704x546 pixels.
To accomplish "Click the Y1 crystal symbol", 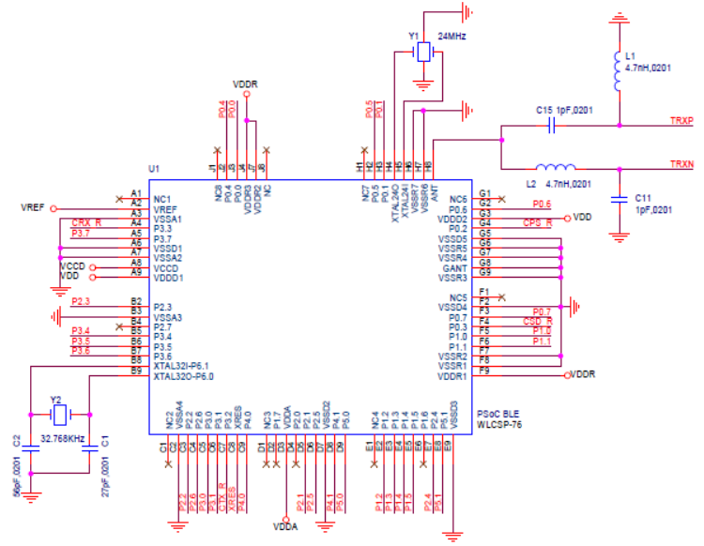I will click(x=424, y=53).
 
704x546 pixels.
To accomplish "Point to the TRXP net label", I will click(x=681, y=121).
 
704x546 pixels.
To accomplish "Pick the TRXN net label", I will click(x=681, y=165).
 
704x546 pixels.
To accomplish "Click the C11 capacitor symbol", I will click(x=619, y=198).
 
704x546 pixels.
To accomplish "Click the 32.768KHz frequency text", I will click(x=62, y=437).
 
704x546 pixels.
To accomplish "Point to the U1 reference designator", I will click(x=155, y=169).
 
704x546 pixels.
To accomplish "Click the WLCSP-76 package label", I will click(x=499, y=424).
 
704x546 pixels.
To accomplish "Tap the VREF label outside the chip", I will click(x=33, y=206).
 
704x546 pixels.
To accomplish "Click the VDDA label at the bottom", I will click(x=286, y=527).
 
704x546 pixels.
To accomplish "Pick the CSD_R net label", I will click(x=537, y=320).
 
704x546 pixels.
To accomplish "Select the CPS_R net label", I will click(x=537, y=222).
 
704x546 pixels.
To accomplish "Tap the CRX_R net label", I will click(x=85, y=222).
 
